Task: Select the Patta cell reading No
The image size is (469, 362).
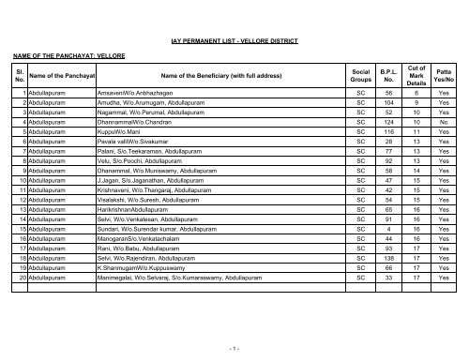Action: coord(443,123)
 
